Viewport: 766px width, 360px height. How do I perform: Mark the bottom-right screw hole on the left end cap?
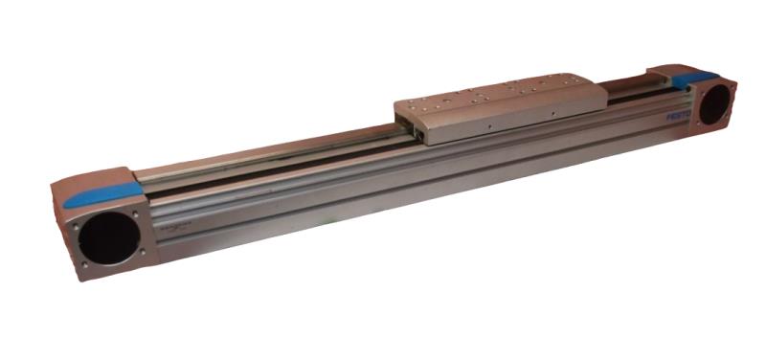tap(144, 251)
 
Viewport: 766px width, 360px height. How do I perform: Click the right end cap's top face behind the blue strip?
tap(670, 73)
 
